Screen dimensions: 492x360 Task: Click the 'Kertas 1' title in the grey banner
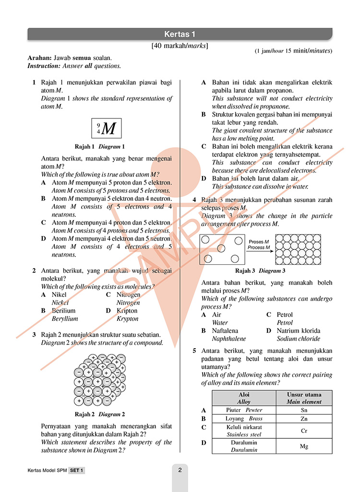180,34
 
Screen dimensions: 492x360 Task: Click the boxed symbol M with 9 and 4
106,128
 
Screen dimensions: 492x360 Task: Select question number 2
34,271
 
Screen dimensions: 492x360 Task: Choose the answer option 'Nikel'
59,294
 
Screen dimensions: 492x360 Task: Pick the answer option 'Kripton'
127,311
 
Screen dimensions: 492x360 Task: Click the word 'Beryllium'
65,318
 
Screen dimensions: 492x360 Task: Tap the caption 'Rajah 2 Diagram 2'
100,414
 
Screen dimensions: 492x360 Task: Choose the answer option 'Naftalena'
225,330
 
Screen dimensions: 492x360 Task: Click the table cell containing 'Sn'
303,410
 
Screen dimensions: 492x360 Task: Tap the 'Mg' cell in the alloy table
303,446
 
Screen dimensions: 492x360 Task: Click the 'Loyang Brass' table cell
244,419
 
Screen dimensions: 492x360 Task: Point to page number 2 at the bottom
180,470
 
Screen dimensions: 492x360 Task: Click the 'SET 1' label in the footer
76,471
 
